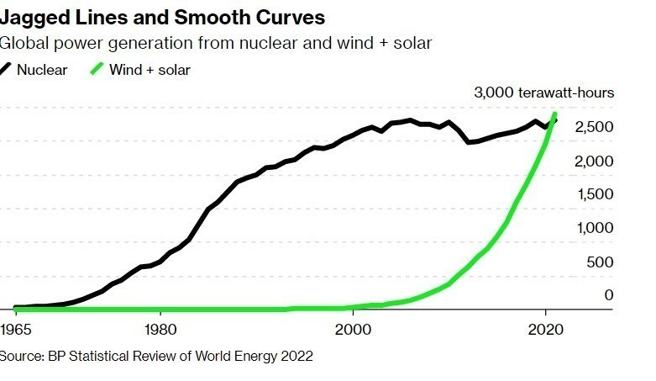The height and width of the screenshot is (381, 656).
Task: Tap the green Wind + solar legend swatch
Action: (x=97, y=70)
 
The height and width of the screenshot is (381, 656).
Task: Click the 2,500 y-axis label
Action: (x=596, y=127)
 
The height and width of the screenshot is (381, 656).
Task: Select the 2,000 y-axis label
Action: (x=596, y=161)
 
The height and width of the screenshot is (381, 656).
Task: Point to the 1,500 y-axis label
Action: (x=596, y=194)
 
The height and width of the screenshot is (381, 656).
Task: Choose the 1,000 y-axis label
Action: (x=596, y=228)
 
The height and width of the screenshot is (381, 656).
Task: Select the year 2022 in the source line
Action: (x=297, y=357)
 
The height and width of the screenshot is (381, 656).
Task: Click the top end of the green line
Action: (x=554, y=114)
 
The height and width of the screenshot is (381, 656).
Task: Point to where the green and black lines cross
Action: (x=551, y=124)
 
